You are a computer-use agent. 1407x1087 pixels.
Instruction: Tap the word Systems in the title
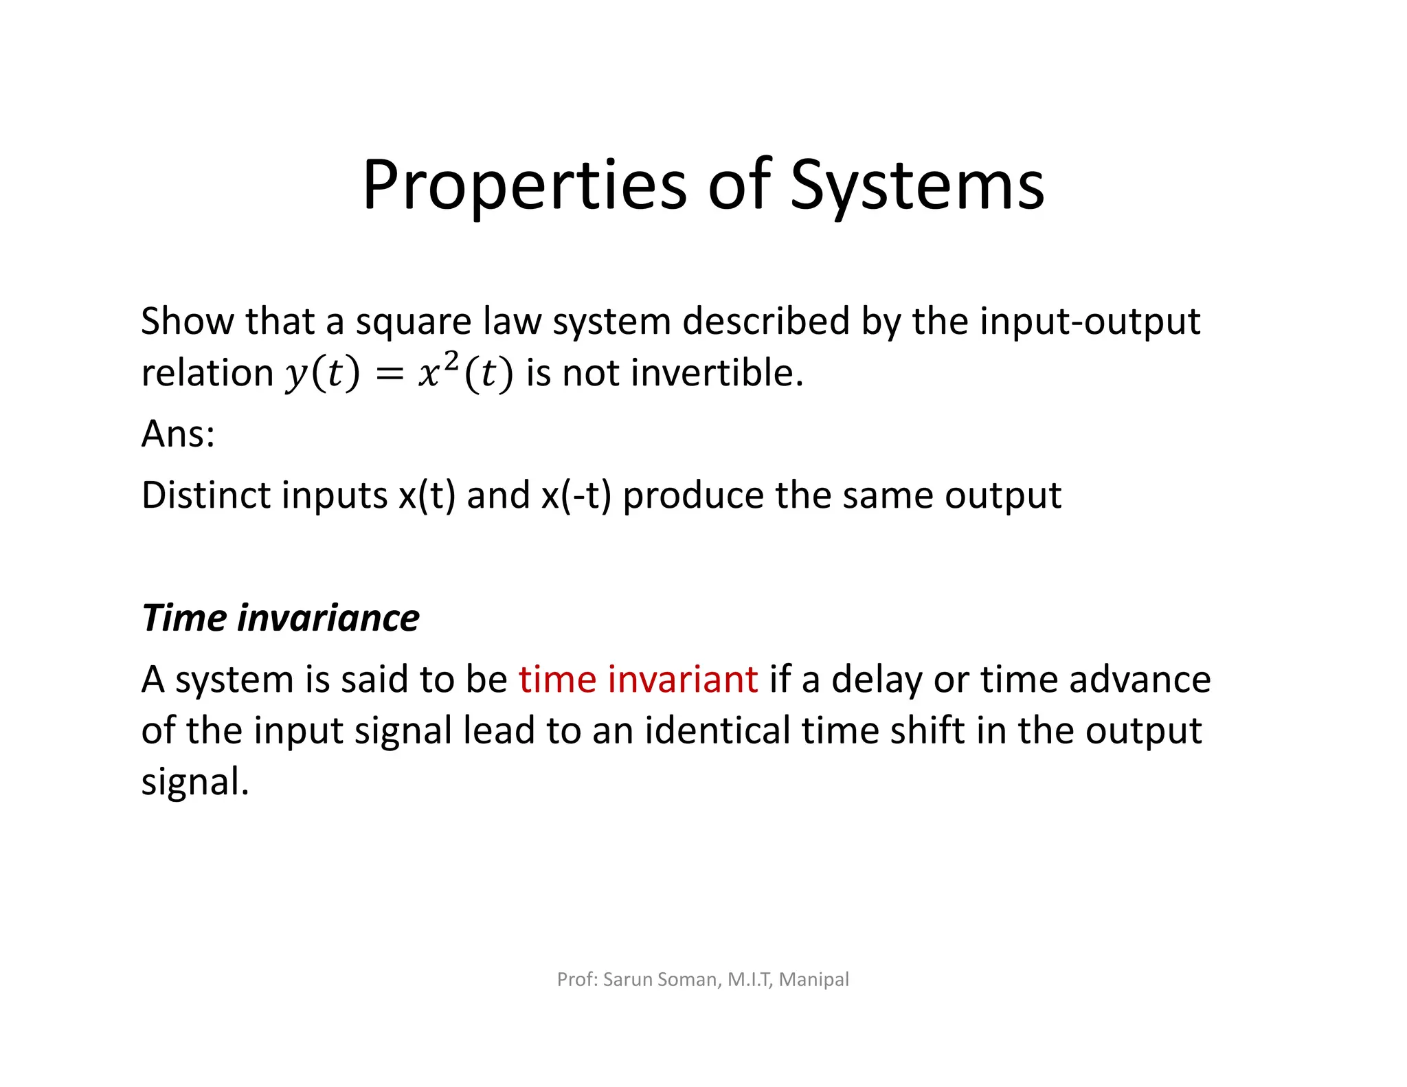pyautogui.click(x=917, y=186)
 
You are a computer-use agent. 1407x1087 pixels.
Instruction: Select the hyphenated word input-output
pyautogui.click(x=1090, y=322)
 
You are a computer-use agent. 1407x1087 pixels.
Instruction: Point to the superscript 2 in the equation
pyautogui.click(x=451, y=361)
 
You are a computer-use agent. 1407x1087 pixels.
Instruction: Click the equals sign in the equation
pyautogui.click(x=389, y=374)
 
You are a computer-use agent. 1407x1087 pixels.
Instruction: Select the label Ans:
pyautogui.click(x=178, y=434)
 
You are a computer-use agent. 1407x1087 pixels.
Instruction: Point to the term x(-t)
pyautogui.click(x=576, y=495)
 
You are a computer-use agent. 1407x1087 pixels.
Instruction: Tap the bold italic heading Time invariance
pyautogui.click(x=280, y=618)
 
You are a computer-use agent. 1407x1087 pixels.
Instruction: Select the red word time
pyautogui.click(x=557, y=680)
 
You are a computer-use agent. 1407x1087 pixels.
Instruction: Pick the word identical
pyautogui.click(x=717, y=730)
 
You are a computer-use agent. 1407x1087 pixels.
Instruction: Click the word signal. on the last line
pyautogui.click(x=194, y=783)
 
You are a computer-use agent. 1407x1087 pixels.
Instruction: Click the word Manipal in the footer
pyautogui.click(x=814, y=979)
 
